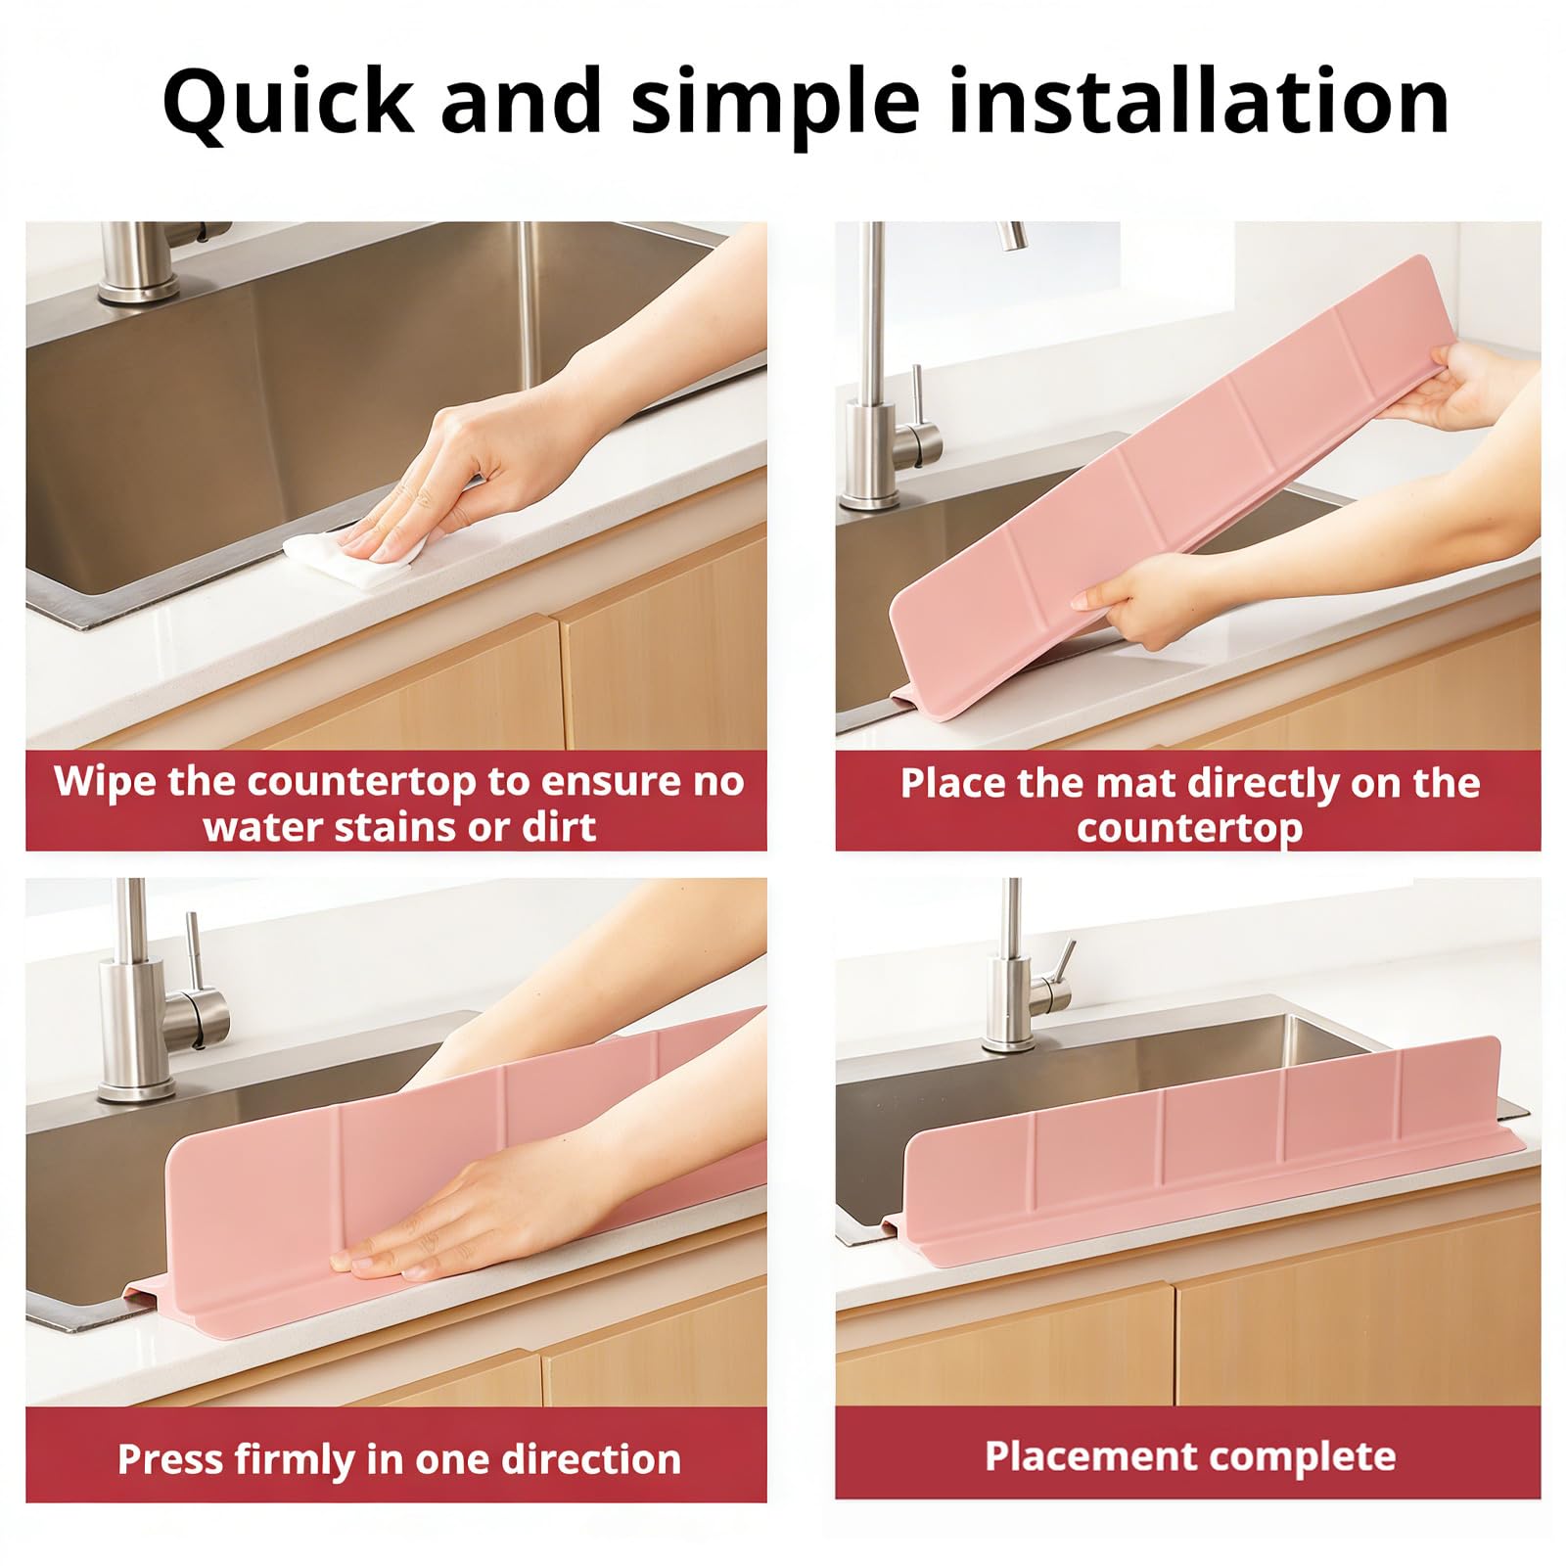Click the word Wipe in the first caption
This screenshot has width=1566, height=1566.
click(x=105, y=781)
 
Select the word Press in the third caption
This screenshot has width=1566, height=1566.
click(x=170, y=1459)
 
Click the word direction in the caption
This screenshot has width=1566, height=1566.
click(x=591, y=1459)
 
